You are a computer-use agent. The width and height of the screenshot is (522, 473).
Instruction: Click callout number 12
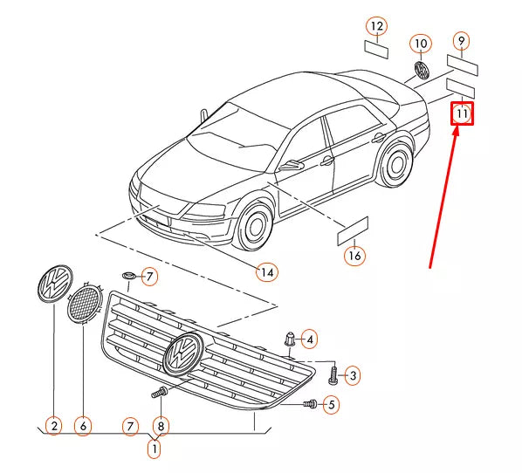377,26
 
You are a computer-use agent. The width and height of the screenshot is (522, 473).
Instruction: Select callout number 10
421,44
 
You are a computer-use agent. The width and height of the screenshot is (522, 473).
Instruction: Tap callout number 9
462,41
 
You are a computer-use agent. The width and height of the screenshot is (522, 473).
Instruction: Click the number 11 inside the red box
462,113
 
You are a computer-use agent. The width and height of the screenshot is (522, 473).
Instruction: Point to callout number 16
355,256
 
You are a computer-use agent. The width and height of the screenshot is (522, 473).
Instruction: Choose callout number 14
267,272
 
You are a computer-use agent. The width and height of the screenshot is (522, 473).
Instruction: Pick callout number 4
310,339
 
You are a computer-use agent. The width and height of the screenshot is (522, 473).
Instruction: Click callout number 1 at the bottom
155,449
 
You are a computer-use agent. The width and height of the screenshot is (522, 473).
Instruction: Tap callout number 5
331,405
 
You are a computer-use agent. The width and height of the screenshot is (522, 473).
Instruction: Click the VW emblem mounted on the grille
184,353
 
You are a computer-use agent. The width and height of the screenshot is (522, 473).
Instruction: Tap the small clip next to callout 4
289,339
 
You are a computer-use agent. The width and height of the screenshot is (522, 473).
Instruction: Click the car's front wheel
254,225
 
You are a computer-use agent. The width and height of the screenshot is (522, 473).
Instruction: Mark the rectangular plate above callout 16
353,231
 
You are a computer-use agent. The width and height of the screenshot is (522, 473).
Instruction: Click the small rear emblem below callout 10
422,70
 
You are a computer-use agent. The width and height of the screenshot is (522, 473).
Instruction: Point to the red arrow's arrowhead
456,132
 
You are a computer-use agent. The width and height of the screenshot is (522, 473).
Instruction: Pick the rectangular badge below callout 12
376,49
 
